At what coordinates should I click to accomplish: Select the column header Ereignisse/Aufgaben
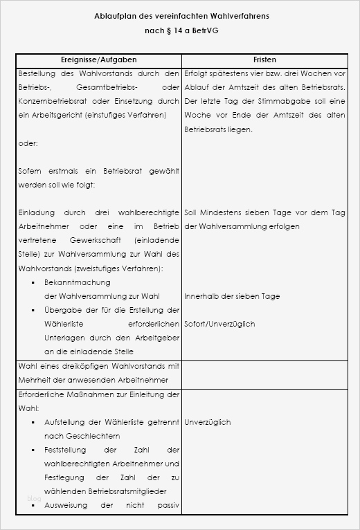click(98, 60)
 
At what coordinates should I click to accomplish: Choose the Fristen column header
click(265, 60)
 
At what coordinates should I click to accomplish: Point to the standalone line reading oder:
click(28, 143)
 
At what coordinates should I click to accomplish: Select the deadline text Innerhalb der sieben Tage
click(232, 296)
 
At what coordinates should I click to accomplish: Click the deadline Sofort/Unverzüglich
click(219, 324)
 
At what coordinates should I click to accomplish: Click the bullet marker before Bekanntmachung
click(33, 283)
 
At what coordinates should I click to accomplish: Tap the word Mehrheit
click(35, 381)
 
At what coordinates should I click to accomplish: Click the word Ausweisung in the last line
click(67, 505)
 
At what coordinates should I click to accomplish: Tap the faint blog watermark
click(34, 499)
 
